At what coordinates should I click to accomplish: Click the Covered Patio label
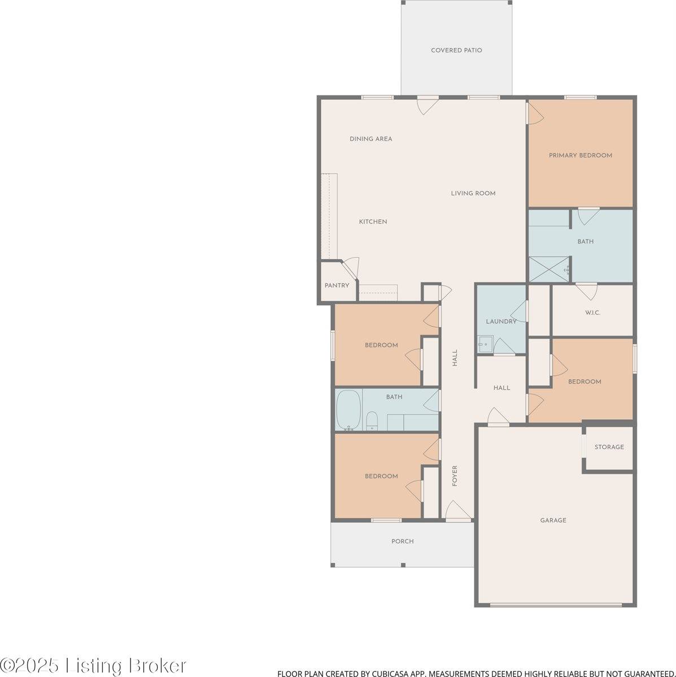(x=456, y=50)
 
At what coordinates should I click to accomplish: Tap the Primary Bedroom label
(x=580, y=155)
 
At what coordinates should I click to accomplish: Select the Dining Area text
(x=370, y=139)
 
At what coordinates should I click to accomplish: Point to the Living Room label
(x=473, y=193)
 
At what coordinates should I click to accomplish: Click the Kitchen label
(x=373, y=222)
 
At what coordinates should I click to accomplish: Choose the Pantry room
(x=337, y=285)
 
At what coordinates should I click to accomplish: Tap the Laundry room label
(x=501, y=322)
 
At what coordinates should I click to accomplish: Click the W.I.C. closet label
(x=592, y=313)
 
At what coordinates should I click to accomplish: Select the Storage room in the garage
(x=609, y=447)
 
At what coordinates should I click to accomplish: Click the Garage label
(x=553, y=520)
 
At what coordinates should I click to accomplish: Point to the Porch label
(x=402, y=541)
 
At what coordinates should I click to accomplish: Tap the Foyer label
(x=455, y=476)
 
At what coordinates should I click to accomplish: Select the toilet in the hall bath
(x=372, y=421)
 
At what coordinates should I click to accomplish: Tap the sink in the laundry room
(x=484, y=344)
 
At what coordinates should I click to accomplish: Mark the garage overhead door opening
(x=556, y=605)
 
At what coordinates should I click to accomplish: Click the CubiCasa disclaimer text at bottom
(x=476, y=673)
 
